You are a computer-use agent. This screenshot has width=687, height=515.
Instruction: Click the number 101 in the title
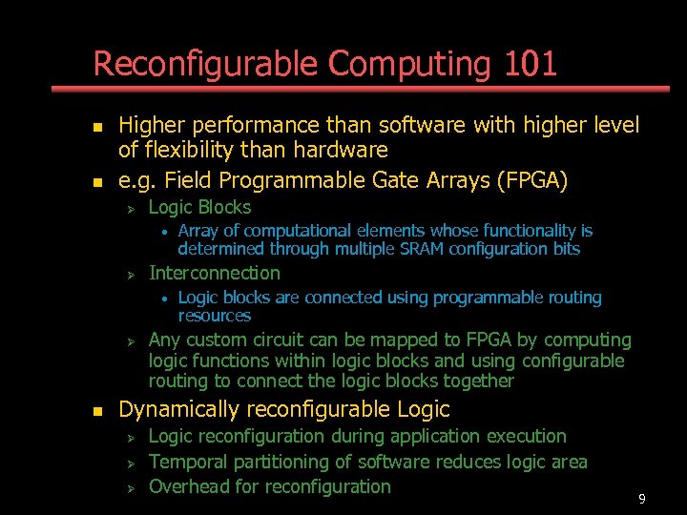coord(531,64)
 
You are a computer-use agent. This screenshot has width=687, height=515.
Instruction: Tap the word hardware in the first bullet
coord(342,150)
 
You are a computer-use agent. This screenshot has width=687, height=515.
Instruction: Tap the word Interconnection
coord(215,273)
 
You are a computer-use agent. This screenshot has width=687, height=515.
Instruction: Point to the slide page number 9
coord(642,499)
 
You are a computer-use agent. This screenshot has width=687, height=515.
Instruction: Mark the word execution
coord(527,436)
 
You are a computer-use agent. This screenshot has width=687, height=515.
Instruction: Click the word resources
coord(215,316)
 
